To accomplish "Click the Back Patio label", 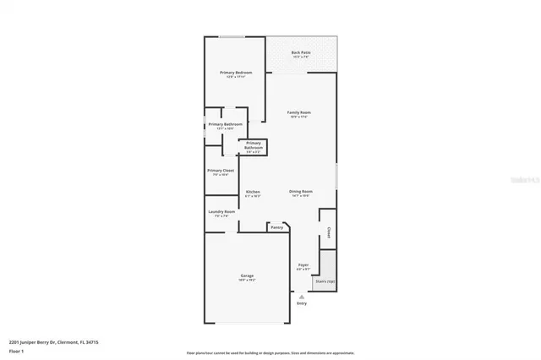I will tap(300, 52).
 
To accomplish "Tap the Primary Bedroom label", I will tap(236, 73).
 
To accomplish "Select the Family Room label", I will tap(299, 112).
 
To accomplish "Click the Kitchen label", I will tap(253, 192).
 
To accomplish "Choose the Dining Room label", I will tap(301, 192).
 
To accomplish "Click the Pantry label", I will tap(276, 227).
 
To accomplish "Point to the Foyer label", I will tap(303, 265).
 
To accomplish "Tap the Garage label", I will tap(247, 275).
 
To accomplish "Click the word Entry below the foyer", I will tap(302, 303).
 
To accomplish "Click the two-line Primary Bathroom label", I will tap(254, 145).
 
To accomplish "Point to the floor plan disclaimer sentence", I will tap(270, 352).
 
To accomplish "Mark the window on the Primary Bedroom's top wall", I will tap(232, 36).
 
